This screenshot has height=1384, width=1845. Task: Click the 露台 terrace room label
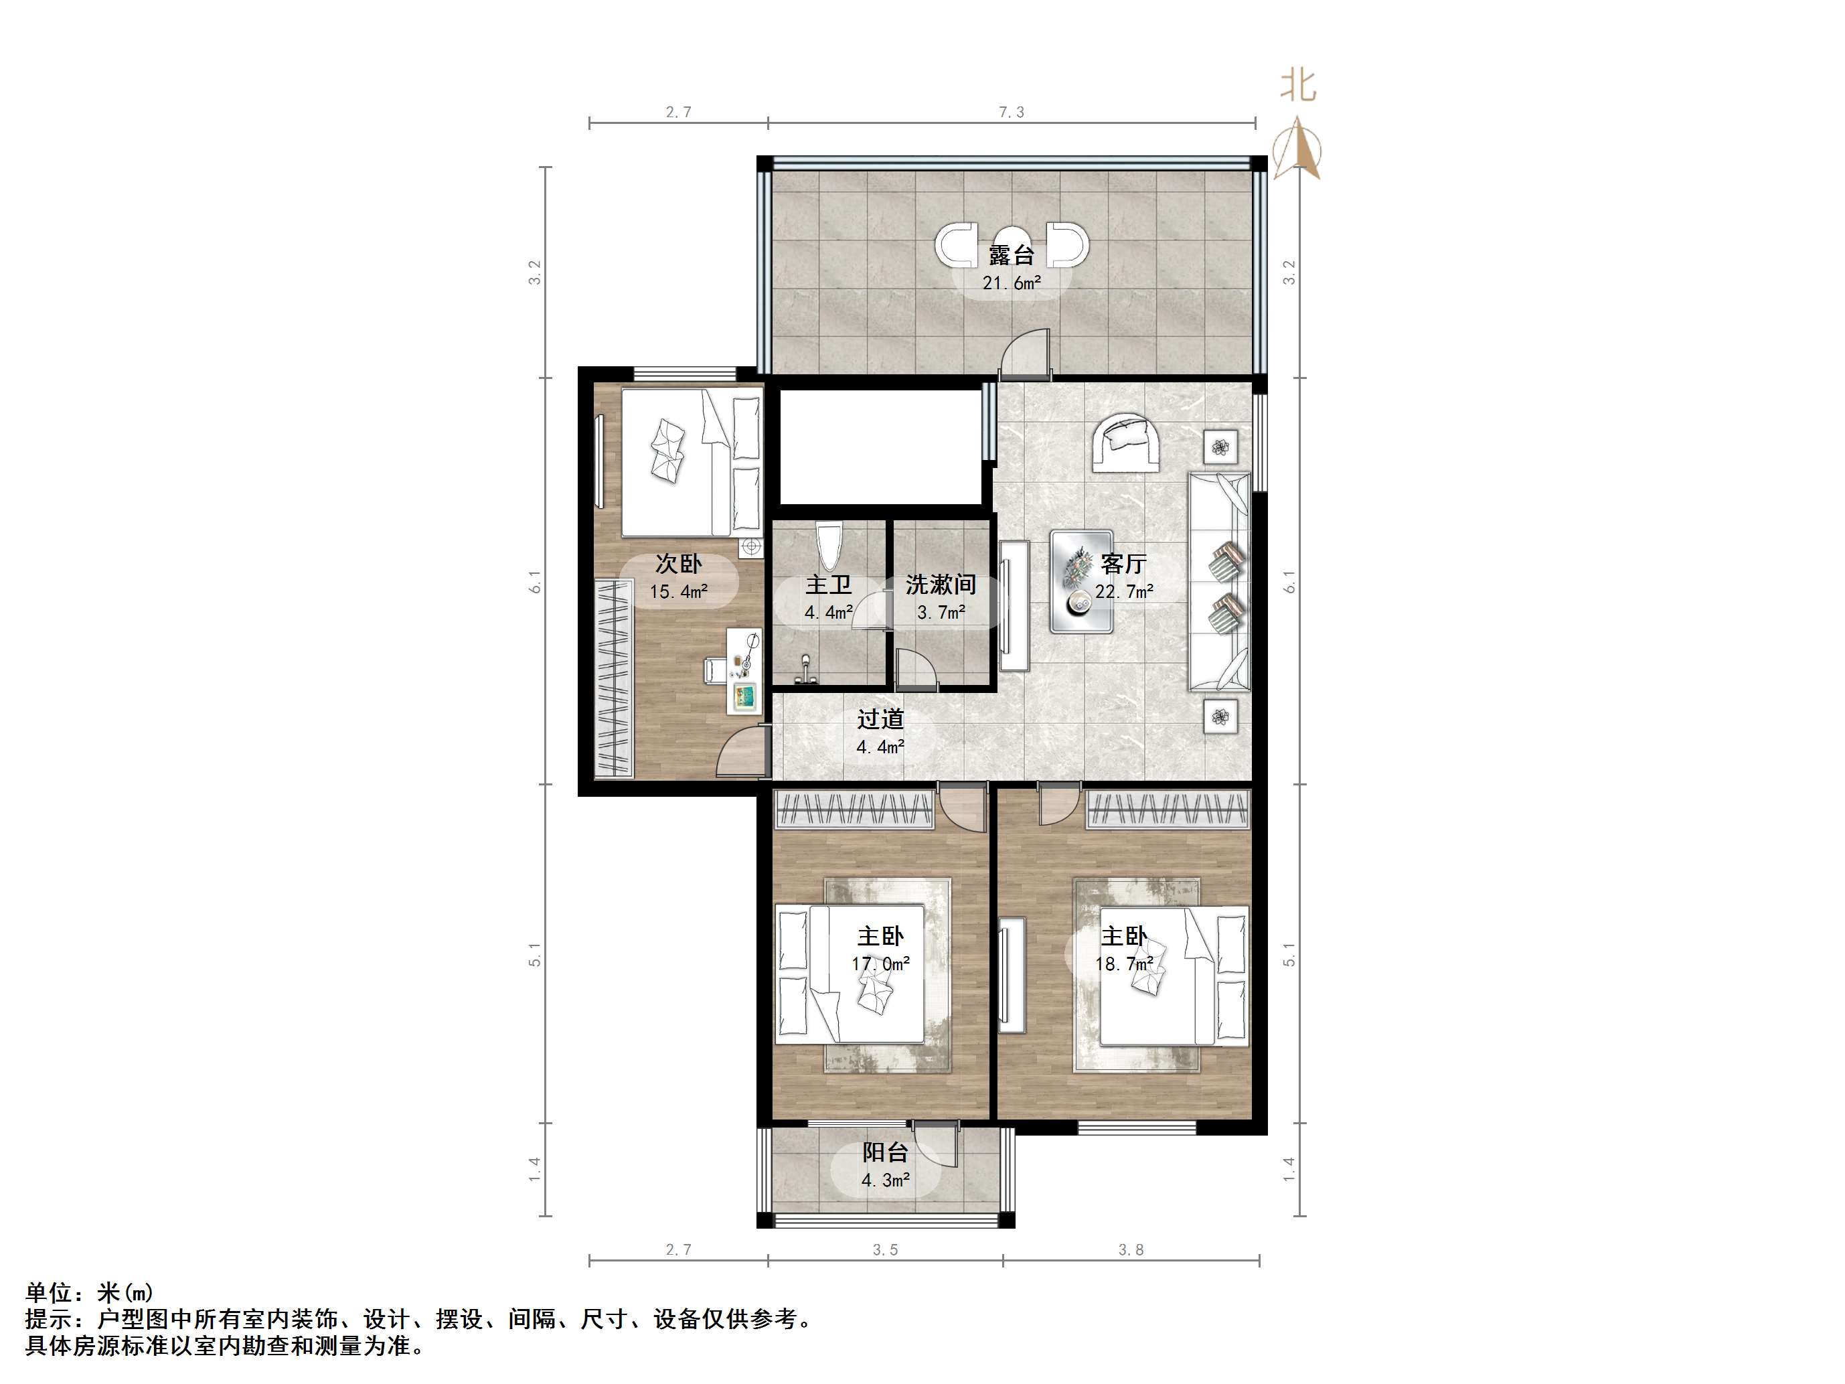pos(1011,255)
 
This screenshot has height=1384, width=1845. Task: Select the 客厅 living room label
pos(1123,564)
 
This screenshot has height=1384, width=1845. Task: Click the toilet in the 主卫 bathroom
pos(829,546)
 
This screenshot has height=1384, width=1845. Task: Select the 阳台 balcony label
pos(884,1153)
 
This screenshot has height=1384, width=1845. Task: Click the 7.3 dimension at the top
pos(1011,112)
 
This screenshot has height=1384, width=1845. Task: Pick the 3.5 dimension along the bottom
pos(885,1249)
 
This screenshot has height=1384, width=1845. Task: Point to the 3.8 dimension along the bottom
pos(1130,1249)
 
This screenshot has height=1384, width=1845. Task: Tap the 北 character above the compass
pos(1298,86)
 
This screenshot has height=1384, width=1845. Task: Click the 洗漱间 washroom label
pos(941,585)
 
